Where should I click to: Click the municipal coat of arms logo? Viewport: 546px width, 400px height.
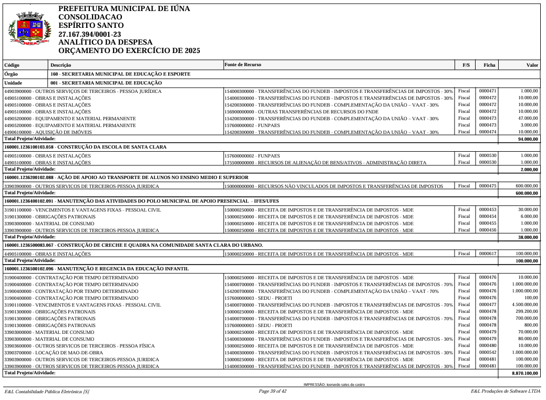(x=30, y=29)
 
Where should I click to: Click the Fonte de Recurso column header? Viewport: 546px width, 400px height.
(x=242, y=65)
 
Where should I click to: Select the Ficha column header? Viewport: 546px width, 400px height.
(x=489, y=66)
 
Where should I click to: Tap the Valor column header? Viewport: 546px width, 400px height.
(x=532, y=66)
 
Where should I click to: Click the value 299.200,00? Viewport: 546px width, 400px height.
(x=527, y=311)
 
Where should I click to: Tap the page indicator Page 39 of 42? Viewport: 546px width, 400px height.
(x=272, y=391)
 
